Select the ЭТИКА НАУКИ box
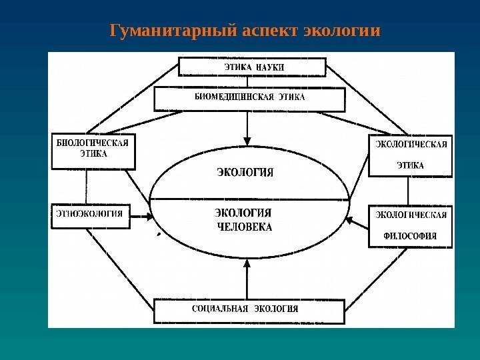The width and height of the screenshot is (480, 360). (252, 67)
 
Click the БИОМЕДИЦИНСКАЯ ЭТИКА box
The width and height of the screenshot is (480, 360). (250, 99)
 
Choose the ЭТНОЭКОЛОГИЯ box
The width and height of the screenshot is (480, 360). (92, 215)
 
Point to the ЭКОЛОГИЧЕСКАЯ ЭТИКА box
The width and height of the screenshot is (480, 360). (409, 156)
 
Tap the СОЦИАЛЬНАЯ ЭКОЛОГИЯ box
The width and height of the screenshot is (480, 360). (249, 310)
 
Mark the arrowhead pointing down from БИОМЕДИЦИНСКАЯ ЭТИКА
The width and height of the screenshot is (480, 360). (247, 141)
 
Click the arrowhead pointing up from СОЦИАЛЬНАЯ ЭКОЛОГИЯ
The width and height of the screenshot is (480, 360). (247, 265)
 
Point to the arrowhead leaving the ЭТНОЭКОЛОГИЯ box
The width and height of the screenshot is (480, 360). (147, 215)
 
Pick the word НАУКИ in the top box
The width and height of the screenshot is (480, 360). (269, 67)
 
